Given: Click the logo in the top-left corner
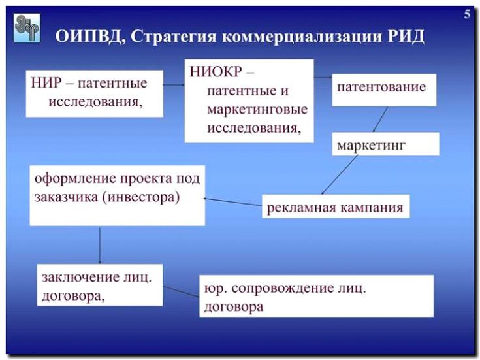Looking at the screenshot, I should [27, 27].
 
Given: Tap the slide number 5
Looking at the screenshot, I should [467, 14].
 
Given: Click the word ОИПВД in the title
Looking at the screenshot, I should [89, 36].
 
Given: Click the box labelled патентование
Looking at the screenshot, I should [381, 86].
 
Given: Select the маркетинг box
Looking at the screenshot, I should [371, 144].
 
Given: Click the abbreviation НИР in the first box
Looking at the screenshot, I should [45, 84].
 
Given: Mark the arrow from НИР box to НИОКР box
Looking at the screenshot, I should [174, 84].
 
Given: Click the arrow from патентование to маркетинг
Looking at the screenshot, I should [379, 120].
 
